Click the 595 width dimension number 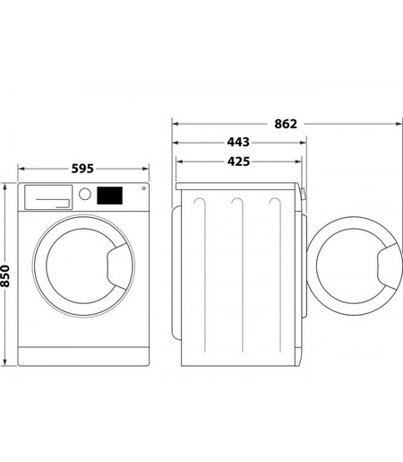tap(81, 169)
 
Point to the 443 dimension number tap(237, 142)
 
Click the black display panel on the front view tap(109, 194)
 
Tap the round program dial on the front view tap(85, 194)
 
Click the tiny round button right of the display tap(141, 189)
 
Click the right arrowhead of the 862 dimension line tap(394, 123)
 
